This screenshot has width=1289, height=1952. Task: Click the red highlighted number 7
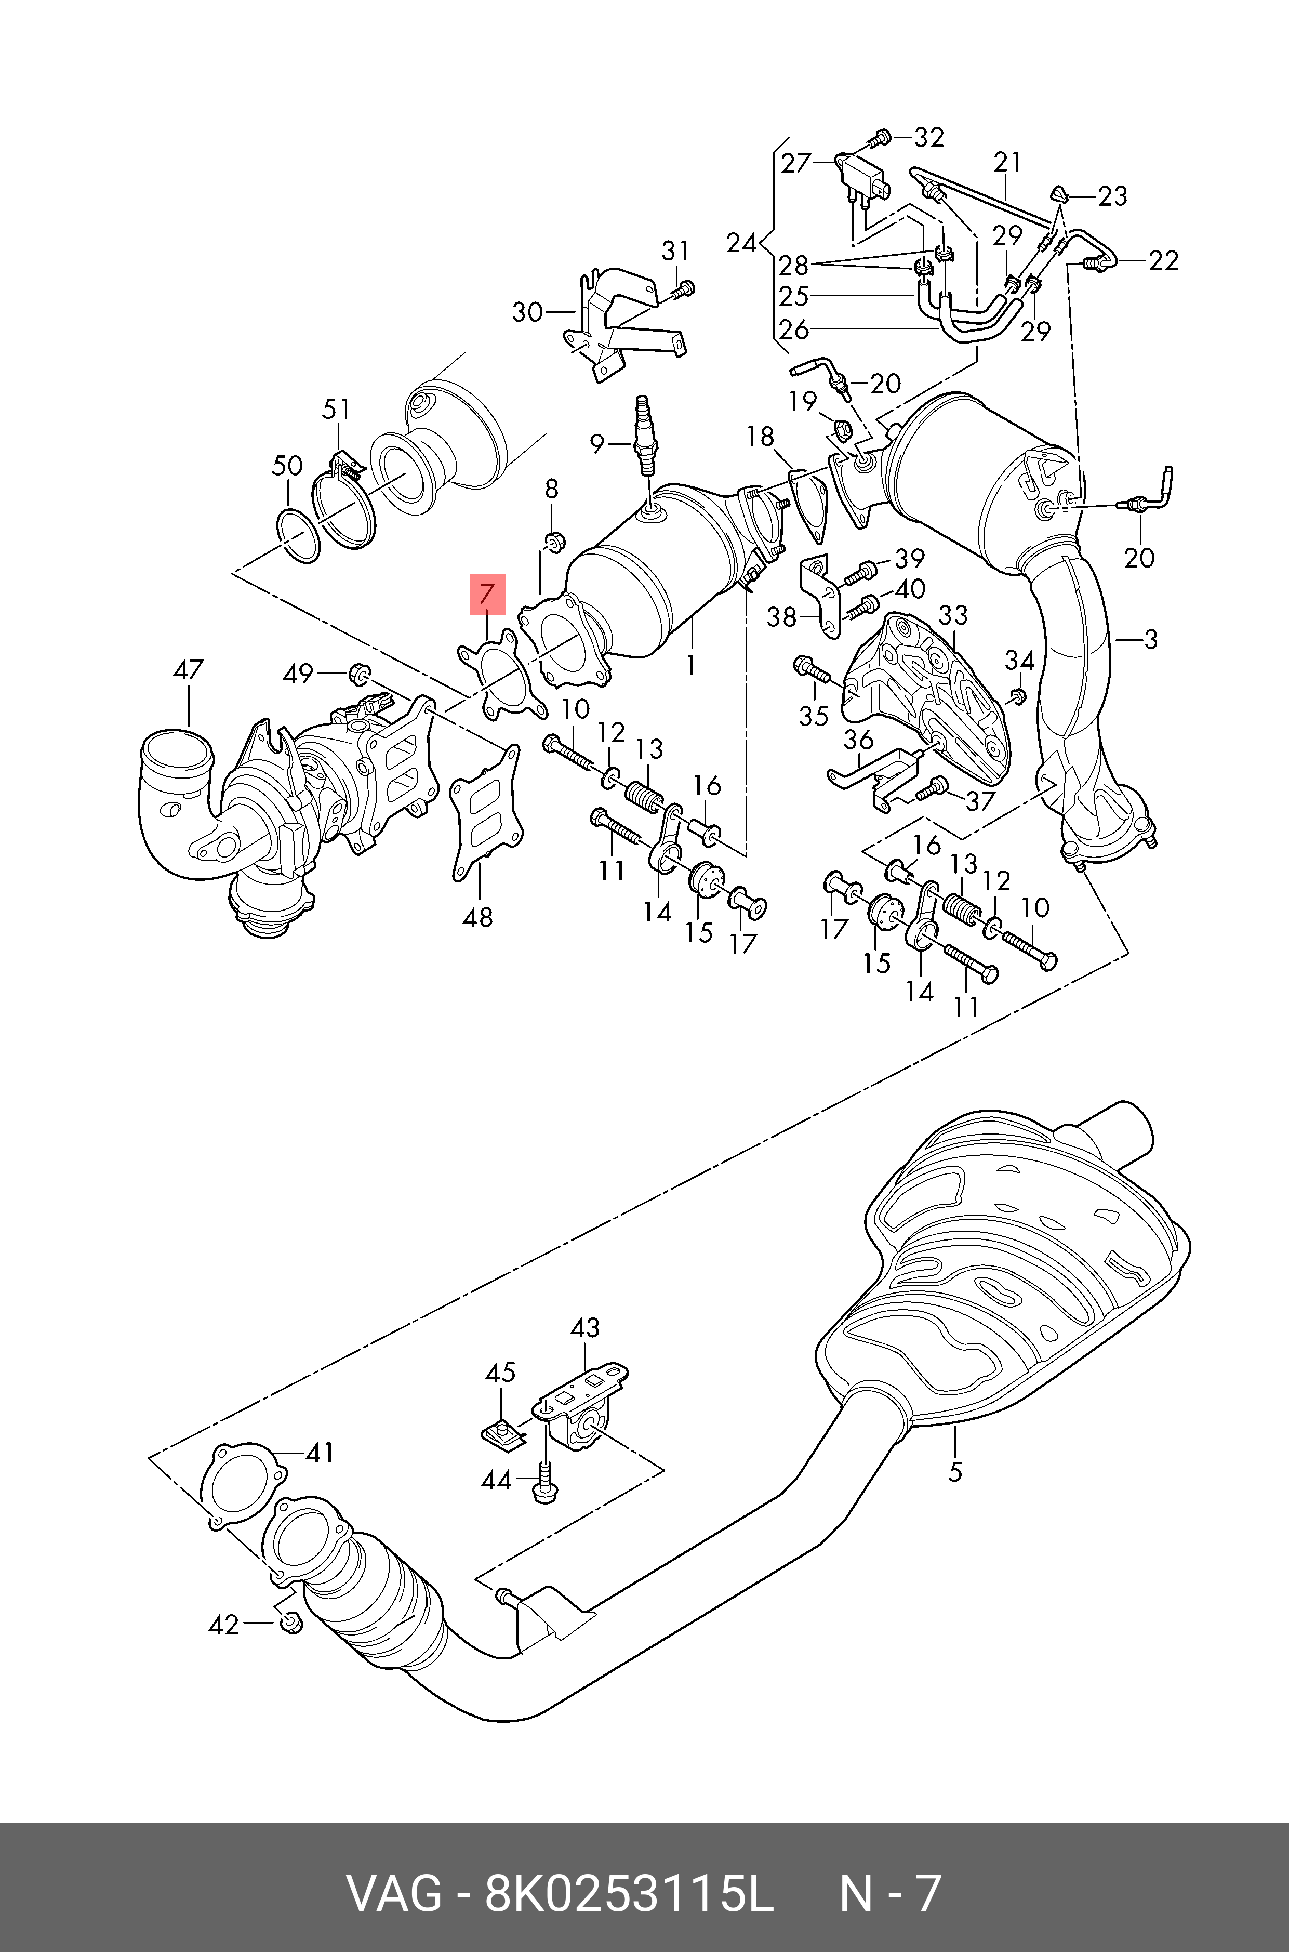point(487,593)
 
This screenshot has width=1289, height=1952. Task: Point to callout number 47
point(188,669)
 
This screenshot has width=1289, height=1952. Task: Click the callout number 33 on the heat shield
point(953,615)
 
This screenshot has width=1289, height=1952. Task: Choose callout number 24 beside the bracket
point(741,243)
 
